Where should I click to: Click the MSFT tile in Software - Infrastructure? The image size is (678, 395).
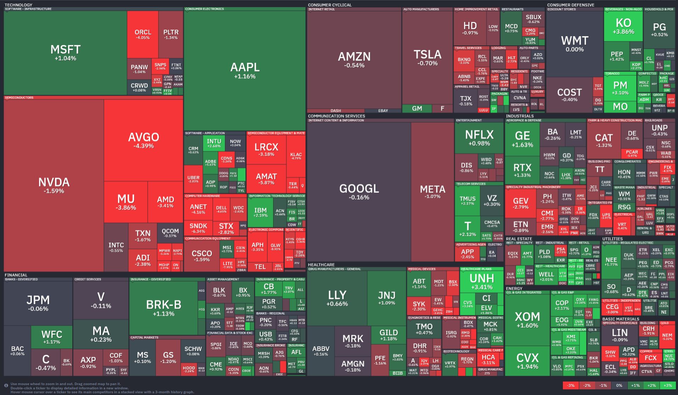pos(66,52)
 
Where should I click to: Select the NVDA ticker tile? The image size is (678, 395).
pos(54,185)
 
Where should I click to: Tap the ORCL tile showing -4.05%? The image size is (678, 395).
pos(143,34)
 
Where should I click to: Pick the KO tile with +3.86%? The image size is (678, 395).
pos(623,26)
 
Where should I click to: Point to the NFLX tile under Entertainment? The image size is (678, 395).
pos(479,137)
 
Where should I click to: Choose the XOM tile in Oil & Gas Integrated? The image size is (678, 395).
pos(527,320)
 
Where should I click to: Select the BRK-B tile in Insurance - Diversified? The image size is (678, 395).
pos(163,307)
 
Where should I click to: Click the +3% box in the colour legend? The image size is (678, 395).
pos(668,385)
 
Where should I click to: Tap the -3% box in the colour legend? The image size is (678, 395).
pos(571,385)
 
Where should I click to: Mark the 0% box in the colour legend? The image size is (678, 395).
pos(619,385)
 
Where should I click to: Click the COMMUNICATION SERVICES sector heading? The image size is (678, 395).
pos(336,116)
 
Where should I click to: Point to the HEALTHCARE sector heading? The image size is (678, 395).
pos(321,265)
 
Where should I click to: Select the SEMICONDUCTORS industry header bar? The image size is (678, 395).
pos(19,98)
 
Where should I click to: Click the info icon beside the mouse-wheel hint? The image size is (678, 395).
pos(6,385)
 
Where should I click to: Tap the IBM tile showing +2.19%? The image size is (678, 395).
pos(260,212)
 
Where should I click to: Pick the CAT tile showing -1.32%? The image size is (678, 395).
pos(604,140)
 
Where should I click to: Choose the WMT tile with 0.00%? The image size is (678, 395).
pos(575,43)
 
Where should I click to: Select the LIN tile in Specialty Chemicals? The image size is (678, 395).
pos(620,335)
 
